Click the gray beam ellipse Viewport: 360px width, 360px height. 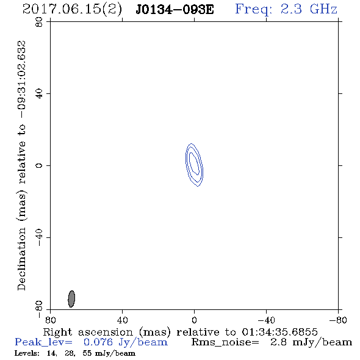[71, 299]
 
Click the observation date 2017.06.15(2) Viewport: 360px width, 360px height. [72, 9]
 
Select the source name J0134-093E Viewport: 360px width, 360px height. [175, 10]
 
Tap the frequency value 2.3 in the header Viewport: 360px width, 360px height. [291, 9]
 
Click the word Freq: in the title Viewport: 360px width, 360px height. [254, 10]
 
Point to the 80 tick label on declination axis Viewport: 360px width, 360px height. [39, 22]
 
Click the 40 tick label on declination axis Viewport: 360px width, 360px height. [39, 94]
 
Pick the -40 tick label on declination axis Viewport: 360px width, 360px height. [39, 237]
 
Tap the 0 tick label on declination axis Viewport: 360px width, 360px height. [39, 165]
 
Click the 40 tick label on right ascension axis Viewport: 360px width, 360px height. [122, 320]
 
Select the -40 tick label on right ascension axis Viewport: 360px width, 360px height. [266, 320]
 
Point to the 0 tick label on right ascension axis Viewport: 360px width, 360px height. [194, 320]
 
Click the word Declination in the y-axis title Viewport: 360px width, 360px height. [21, 259]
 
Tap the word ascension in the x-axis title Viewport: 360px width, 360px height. [106, 332]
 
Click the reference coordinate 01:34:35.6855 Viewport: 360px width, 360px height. [279, 332]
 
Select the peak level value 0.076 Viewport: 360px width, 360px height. [98, 342]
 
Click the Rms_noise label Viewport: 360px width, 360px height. [225, 342]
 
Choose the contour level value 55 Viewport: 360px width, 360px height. [87, 353]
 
